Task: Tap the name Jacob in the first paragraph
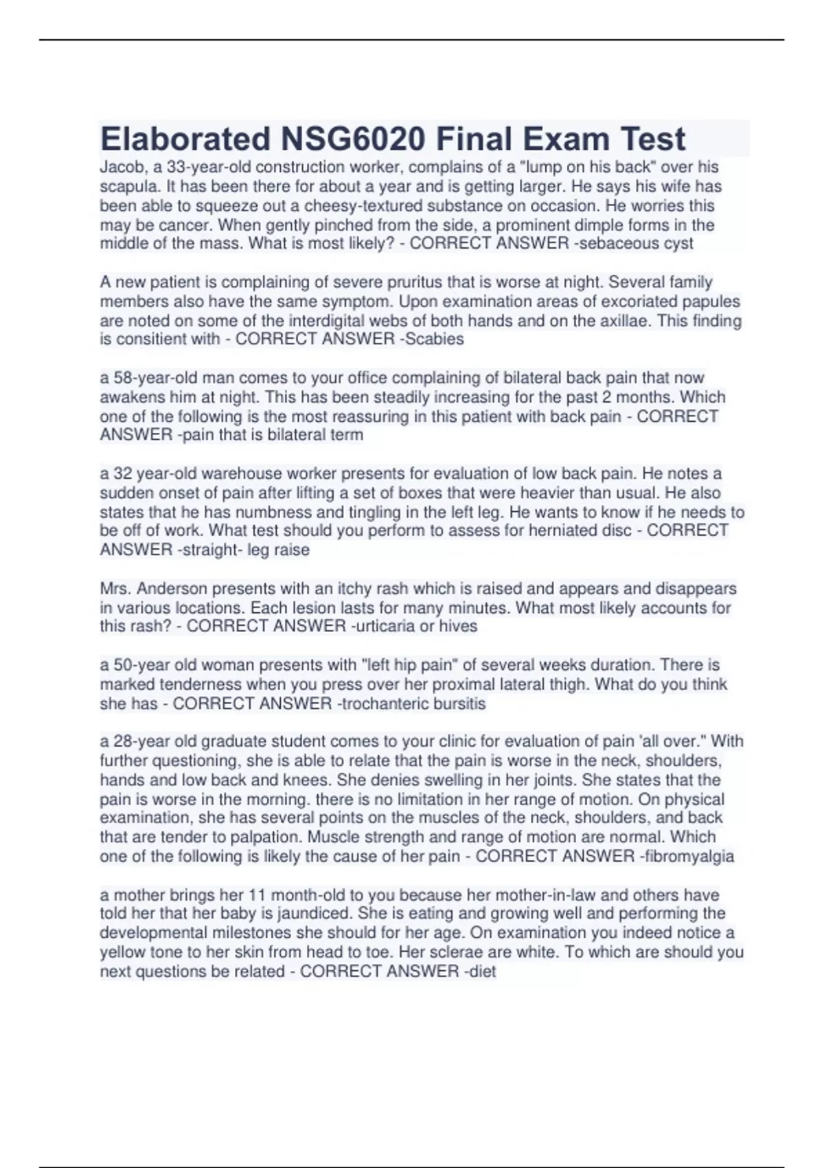coord(118,167)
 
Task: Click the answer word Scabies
coord(436,339)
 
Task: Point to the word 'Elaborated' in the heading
coord(185,139)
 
